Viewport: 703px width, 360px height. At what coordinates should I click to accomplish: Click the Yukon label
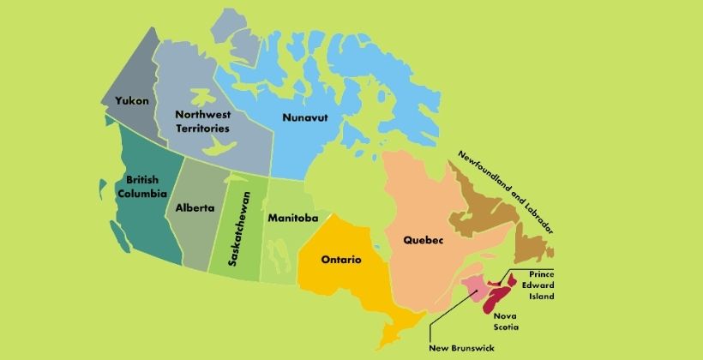(132, 100)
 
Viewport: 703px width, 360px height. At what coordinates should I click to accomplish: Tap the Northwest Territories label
(202, 121)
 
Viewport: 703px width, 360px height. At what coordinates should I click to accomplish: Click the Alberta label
(195, 207)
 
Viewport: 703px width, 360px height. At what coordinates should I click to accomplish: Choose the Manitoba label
(292, 218)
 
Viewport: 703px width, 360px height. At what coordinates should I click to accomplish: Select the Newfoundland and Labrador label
(505, 191)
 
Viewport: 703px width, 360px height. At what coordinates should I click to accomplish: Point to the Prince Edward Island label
(536, 285)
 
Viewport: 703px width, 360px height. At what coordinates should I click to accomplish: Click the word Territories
(202, 128)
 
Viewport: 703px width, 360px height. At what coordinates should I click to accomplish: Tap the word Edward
(536, 285)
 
